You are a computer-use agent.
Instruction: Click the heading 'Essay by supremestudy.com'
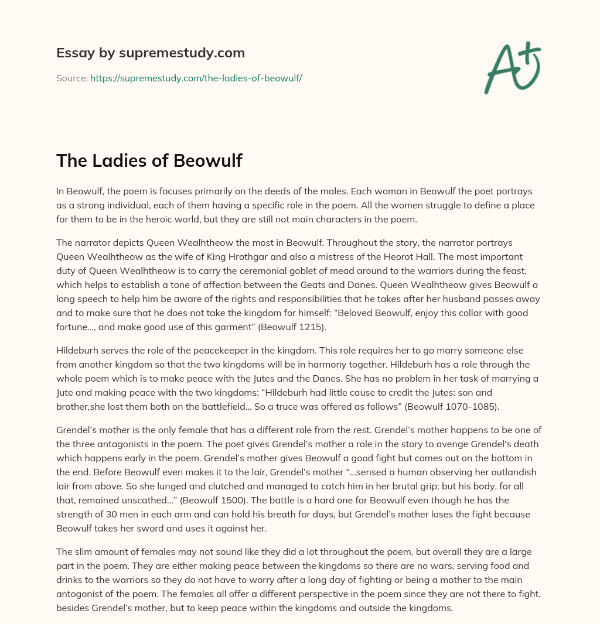[151, 53]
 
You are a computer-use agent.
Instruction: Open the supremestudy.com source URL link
[196, 77]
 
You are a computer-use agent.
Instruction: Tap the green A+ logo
[512, 67]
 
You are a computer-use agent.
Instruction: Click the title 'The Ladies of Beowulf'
[149, 160]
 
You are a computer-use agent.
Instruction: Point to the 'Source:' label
[71, 77]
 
